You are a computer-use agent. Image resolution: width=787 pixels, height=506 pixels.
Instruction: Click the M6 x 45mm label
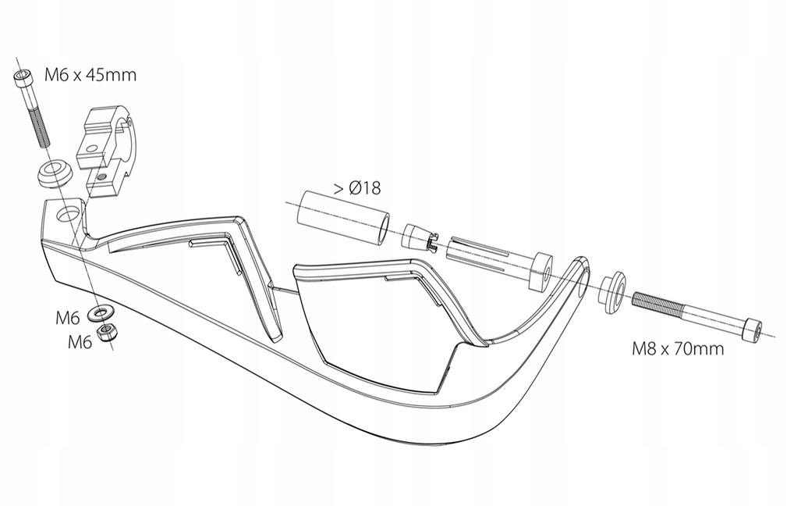90,75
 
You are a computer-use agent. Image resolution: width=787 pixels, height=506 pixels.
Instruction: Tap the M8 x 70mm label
677,348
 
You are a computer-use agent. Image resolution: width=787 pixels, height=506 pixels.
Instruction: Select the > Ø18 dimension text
357,188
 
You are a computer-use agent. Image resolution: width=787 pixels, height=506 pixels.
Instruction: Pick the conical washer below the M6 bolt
55,173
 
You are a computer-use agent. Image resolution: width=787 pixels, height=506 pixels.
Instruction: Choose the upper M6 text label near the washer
68,318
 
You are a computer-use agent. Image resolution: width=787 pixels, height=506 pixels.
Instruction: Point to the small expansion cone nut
419,237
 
